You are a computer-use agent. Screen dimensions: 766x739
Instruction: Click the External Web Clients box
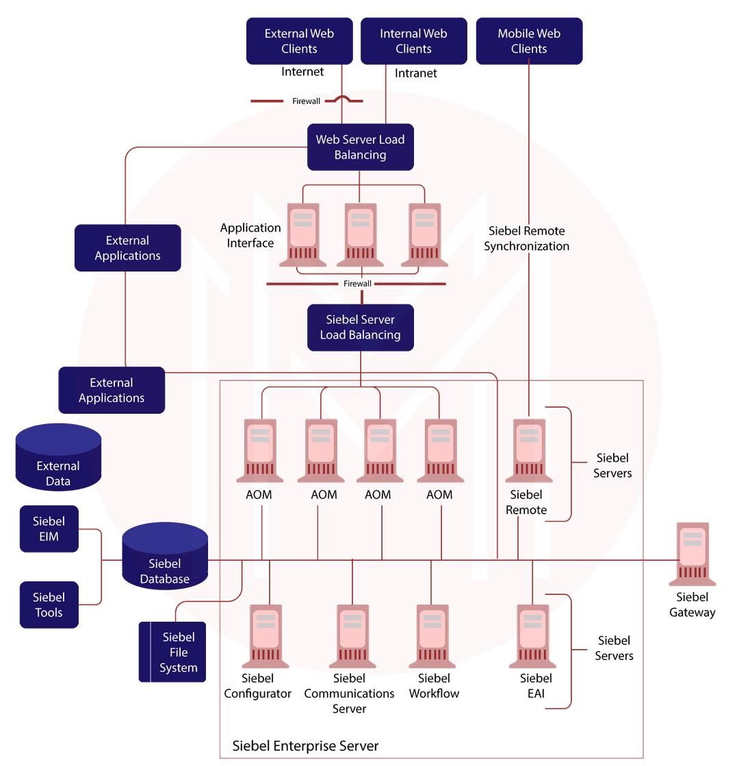(300, 41)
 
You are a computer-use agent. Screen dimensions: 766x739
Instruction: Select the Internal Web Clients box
(413, 41)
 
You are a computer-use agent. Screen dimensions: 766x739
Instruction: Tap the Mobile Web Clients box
(529, 41)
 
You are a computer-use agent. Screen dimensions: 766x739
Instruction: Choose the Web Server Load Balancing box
(360, 147)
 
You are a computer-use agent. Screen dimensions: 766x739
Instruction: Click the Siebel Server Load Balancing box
(360, 327)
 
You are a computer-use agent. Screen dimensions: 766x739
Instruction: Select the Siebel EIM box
(49, 529)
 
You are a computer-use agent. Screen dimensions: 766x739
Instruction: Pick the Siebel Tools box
(49, 605)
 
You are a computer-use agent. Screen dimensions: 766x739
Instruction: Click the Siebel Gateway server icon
(692, 554)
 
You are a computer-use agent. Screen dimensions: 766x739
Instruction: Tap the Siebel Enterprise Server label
(305, 745)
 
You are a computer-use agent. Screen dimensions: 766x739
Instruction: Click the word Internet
(302, 72)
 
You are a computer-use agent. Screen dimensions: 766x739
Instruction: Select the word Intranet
(415, 73)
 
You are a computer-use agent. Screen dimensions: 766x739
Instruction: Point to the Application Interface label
(250, 235)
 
